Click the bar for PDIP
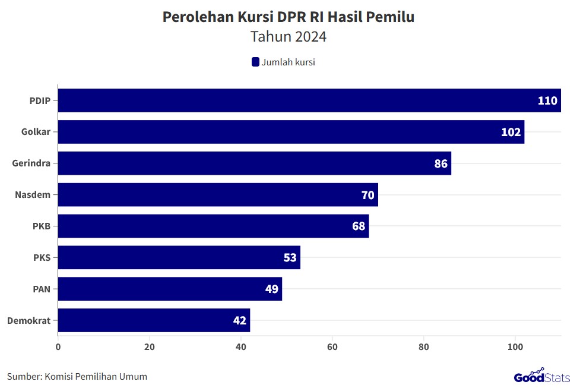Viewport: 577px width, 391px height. coord(309,100)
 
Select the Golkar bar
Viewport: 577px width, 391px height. coord(291,132)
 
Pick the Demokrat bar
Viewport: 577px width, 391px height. coord(154,320)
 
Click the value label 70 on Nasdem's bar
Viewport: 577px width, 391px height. coord(368,195)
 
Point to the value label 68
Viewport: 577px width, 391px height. coord(359,226)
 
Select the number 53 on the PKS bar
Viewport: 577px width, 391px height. coord(290,258)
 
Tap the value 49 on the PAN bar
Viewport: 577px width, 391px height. coord(272,289)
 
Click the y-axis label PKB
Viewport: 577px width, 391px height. coord(41,226)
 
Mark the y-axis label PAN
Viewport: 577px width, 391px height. coord(41,289)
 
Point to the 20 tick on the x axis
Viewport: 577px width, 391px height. coord(150,346)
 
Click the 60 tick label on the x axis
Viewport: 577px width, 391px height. coord(332,346)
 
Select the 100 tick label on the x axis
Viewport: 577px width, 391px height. coord(515,346)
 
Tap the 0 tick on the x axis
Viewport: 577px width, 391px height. coord(58,346)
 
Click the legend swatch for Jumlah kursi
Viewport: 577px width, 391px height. coord(256,62)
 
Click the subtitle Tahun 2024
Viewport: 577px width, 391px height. coord(288,37)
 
